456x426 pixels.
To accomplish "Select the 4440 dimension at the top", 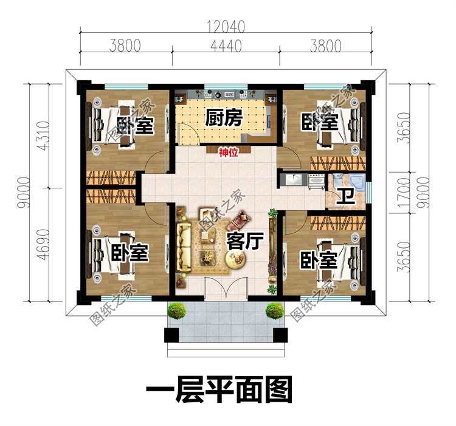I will (225, 46).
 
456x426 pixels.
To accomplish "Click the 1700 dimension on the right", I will (402, 193).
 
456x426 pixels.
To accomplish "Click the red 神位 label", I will (228, 154).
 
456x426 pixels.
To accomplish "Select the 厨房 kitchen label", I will (224, 117).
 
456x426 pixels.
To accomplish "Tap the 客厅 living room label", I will (244, 241).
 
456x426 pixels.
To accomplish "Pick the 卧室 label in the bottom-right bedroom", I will (319, 260).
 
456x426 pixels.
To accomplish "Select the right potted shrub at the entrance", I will (275, 311).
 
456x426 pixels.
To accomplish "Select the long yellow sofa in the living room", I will (184, 249).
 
